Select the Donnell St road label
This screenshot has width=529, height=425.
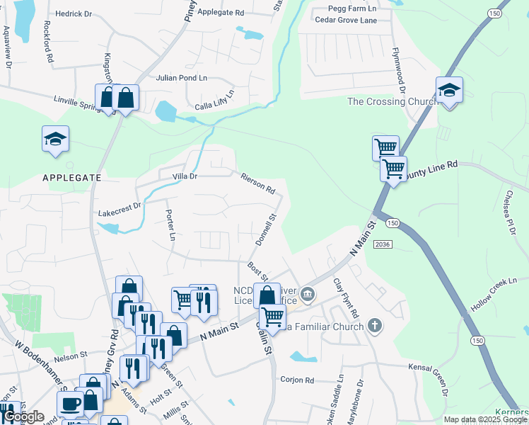tap(266, 231)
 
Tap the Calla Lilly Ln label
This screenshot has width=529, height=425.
tap(214, 101)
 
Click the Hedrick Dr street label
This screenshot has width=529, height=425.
tap(74, 13)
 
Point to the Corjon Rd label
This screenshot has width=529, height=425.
tap(297, 380)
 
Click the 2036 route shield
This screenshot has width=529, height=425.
tap(399, 244)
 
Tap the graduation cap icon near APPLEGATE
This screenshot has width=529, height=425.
tap(55, 140)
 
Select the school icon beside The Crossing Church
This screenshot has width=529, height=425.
tap(449, 91)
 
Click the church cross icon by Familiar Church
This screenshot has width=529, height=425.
tap(375, 326)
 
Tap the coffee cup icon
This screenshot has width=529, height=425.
tap(70, 404)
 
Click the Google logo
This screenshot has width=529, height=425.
tap(24, 416)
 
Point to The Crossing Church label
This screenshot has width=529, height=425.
tap(393, 101)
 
